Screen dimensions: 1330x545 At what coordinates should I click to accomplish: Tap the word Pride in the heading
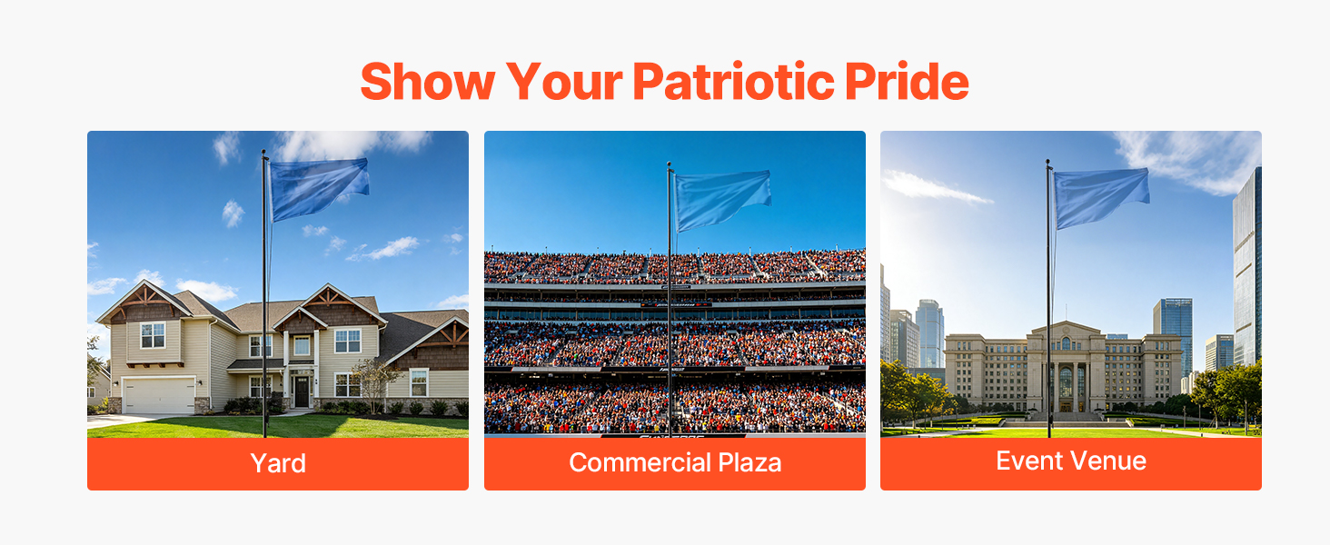(907, 81)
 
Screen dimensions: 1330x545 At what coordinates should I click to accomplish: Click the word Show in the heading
(428, 81)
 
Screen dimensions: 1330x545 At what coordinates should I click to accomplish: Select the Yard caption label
(278, 463)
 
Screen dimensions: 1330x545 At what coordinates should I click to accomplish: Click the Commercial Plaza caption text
(675, 462)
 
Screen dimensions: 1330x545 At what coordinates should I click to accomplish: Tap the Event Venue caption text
(1071, 461)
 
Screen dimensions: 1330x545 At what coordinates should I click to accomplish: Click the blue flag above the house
(318, 188)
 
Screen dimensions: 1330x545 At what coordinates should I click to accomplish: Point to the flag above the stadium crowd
(722, 200)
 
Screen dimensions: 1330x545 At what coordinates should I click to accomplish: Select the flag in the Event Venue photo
(1101, 197)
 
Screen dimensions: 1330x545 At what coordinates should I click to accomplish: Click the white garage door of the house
(159, 395)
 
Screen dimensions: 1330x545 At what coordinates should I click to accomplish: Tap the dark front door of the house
(302, 391)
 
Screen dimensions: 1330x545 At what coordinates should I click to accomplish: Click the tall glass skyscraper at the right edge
(1246, 267)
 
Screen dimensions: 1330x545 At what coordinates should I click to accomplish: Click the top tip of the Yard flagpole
(263, 151)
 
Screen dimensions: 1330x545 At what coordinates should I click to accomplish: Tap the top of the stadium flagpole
(670, 163)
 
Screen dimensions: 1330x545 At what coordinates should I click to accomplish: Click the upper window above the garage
(153, 335)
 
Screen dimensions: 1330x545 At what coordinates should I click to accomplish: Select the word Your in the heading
(564, 81)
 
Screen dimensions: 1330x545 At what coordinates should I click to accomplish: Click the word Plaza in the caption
(749, 462)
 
